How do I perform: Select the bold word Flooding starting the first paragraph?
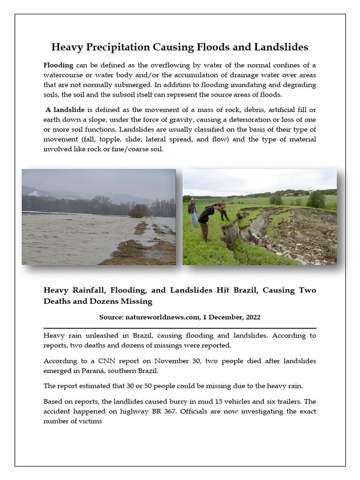(58, 65)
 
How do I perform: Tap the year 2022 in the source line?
(251, 317)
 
